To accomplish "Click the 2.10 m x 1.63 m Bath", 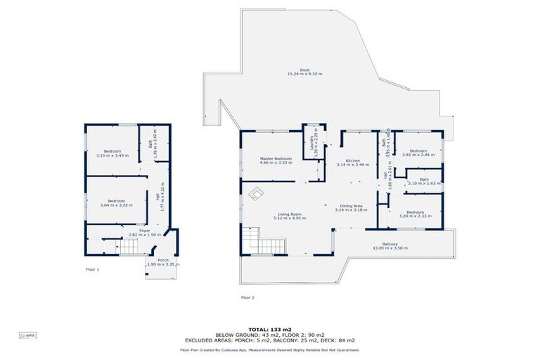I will (x=424, y=181).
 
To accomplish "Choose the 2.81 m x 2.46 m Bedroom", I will (x=418, y=152).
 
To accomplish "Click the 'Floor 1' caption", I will (x=93, y=269).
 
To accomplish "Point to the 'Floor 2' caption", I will (x=247, y=297).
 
